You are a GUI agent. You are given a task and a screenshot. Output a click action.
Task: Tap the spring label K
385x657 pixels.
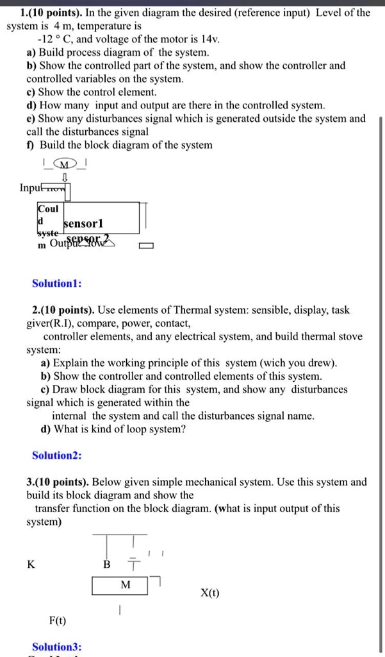pos(31,565)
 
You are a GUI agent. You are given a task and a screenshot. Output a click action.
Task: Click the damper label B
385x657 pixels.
pos(107,565)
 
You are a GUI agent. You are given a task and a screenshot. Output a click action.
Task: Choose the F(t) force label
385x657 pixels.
pos(57,620)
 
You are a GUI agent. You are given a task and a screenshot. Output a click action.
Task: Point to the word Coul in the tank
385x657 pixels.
pos(48,209)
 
